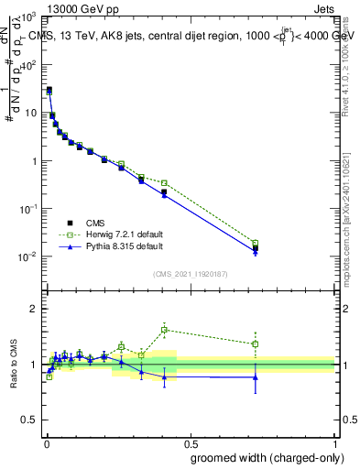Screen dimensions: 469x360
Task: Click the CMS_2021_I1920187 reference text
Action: [191, 275]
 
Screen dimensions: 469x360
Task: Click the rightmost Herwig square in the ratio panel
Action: [256, 344]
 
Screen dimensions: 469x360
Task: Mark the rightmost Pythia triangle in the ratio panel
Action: [256, 376]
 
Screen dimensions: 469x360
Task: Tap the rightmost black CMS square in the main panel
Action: [256, 248]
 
